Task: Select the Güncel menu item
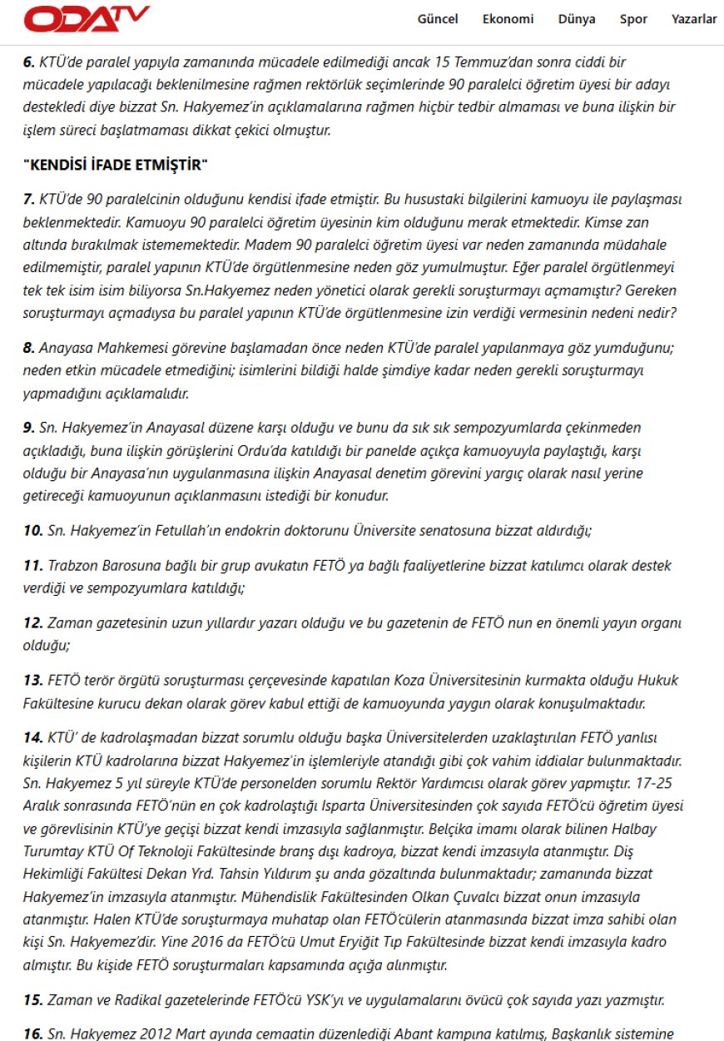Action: tap(438, 19)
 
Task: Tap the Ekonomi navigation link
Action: tap(508, 19)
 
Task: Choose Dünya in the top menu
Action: tap(577, 19)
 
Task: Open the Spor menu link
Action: tap(633, 19)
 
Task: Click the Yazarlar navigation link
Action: tap(694, 19)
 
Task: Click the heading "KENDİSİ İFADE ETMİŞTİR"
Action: tap(115, 166)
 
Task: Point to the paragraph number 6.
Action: tap(29, 62)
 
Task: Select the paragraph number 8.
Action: tap(29, 349)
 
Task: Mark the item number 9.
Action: tap(29, 428)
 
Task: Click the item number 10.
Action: tap(32, 530)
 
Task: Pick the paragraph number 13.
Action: tap(32, 680)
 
